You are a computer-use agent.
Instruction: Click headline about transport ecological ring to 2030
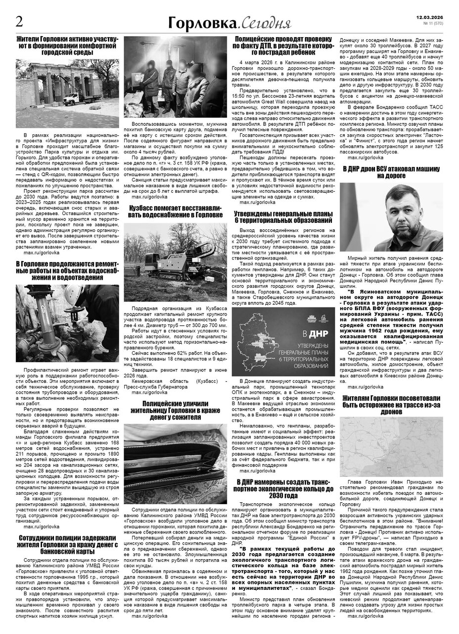point(286,489)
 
